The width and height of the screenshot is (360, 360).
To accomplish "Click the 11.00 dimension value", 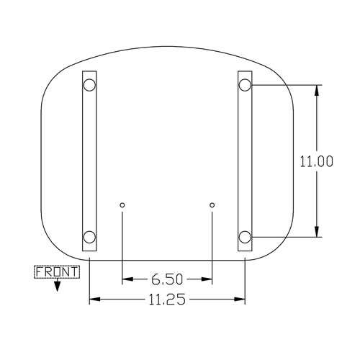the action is tap(317, 161).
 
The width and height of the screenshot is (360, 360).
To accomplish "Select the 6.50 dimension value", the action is tap(167, 279).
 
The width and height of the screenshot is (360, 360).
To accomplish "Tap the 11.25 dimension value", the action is tap(167, 300).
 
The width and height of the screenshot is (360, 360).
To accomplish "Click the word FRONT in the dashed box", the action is tap(57, 272).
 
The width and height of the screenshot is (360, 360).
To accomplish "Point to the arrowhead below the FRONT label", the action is tap(57, 286).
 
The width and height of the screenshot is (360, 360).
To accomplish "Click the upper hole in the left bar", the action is tap(89, 85).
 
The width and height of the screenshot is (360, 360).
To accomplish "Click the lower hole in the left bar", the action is tap(89, 237).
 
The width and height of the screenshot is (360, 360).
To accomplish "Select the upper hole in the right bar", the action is tap(245, 85).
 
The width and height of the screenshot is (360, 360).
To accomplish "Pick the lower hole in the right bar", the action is tap(245, 237).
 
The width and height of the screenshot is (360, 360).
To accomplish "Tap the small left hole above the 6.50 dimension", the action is tap(122, 205).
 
